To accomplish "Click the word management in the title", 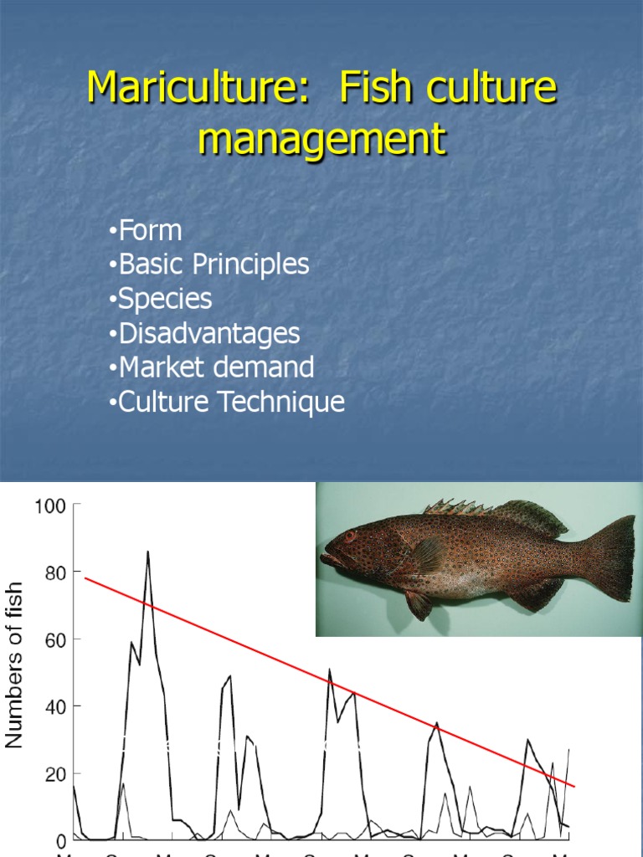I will (321, 139).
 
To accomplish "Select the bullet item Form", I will (150, 230).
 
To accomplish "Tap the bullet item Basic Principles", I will (213, 264).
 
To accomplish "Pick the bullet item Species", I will (165, 299).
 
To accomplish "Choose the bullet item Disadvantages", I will (208, 333).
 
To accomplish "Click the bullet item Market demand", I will (216, 367).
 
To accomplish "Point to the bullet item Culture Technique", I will (231, 402).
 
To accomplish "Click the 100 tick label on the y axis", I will (49, 505).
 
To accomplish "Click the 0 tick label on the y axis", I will (60, 840).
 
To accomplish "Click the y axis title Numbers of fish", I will (14, 666).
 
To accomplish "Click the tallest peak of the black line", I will (147, 552).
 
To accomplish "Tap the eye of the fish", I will (349, 536).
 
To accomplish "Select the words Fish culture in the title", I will (448, 88).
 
